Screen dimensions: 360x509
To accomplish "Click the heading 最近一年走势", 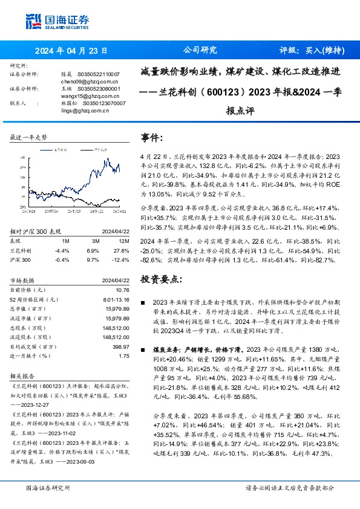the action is click(28, 138).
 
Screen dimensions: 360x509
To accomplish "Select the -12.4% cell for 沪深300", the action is click(121, 259).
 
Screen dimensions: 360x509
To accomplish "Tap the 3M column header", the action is click(94, 240).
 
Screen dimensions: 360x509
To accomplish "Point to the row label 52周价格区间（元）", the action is click(34, 300).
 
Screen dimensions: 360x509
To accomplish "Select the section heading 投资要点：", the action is click(160, 280).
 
